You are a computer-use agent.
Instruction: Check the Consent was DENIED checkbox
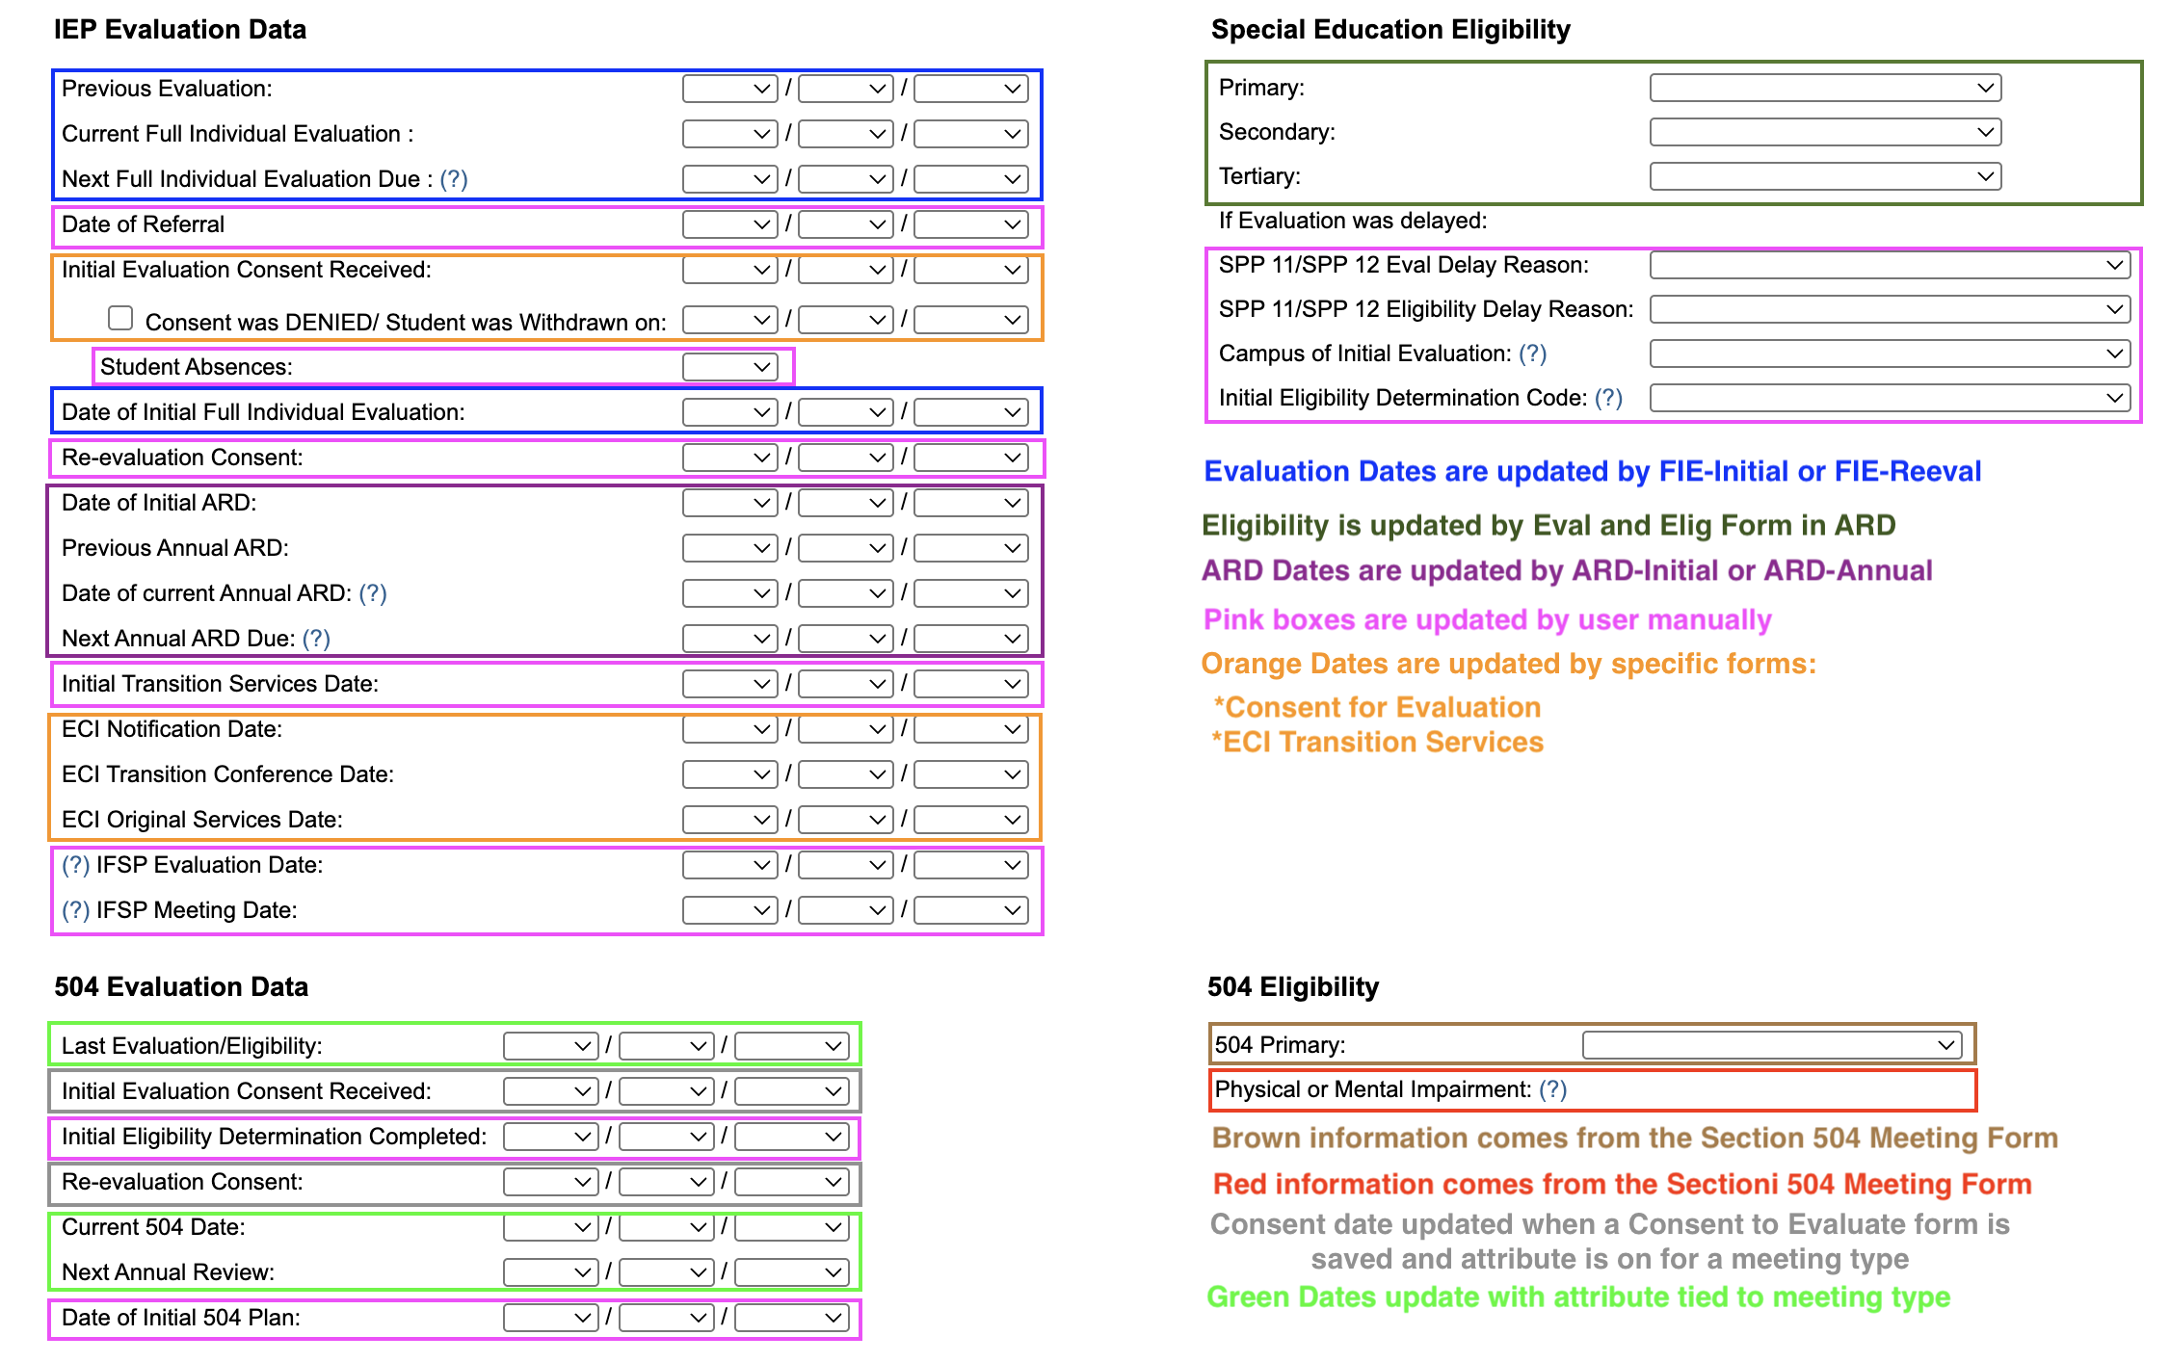120,318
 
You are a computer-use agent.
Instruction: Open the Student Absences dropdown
729,367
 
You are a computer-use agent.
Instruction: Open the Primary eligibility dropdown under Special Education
1825,88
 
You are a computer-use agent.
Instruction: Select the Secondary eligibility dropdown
1825,132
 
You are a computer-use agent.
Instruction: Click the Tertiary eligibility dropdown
1825,176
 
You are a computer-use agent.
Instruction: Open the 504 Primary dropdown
1771,1045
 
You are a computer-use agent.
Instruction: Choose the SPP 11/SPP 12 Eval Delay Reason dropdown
1890,265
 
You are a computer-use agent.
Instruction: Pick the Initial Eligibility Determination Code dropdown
1890,398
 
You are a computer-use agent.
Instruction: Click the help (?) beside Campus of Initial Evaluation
1532,354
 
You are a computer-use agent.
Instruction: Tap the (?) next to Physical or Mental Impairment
1552,1089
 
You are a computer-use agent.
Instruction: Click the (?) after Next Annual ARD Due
316,639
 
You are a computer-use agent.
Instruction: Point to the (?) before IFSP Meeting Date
75,910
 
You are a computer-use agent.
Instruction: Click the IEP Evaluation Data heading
180,30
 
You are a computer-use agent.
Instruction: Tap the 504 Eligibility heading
1292,987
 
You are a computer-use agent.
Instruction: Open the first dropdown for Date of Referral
729,224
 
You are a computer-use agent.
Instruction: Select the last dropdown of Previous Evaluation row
970,89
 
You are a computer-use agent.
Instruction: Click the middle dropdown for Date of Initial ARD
845,503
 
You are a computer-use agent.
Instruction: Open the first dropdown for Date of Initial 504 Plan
550,1318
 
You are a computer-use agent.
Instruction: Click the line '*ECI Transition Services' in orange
1377,743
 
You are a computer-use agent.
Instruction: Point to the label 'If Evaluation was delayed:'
1352,221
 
